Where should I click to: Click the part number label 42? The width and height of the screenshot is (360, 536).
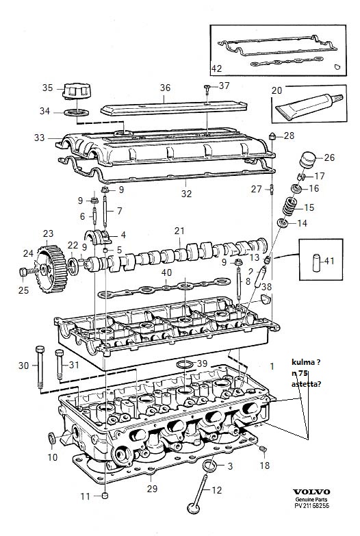click(x=216, y=68)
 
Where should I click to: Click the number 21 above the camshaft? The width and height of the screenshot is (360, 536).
click(x=179, y=231)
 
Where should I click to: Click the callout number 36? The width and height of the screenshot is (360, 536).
click(x=165, y=88)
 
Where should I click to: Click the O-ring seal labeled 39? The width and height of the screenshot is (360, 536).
click(x=184, y=363)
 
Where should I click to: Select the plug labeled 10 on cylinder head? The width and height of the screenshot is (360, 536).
click(x=51, y=437)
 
